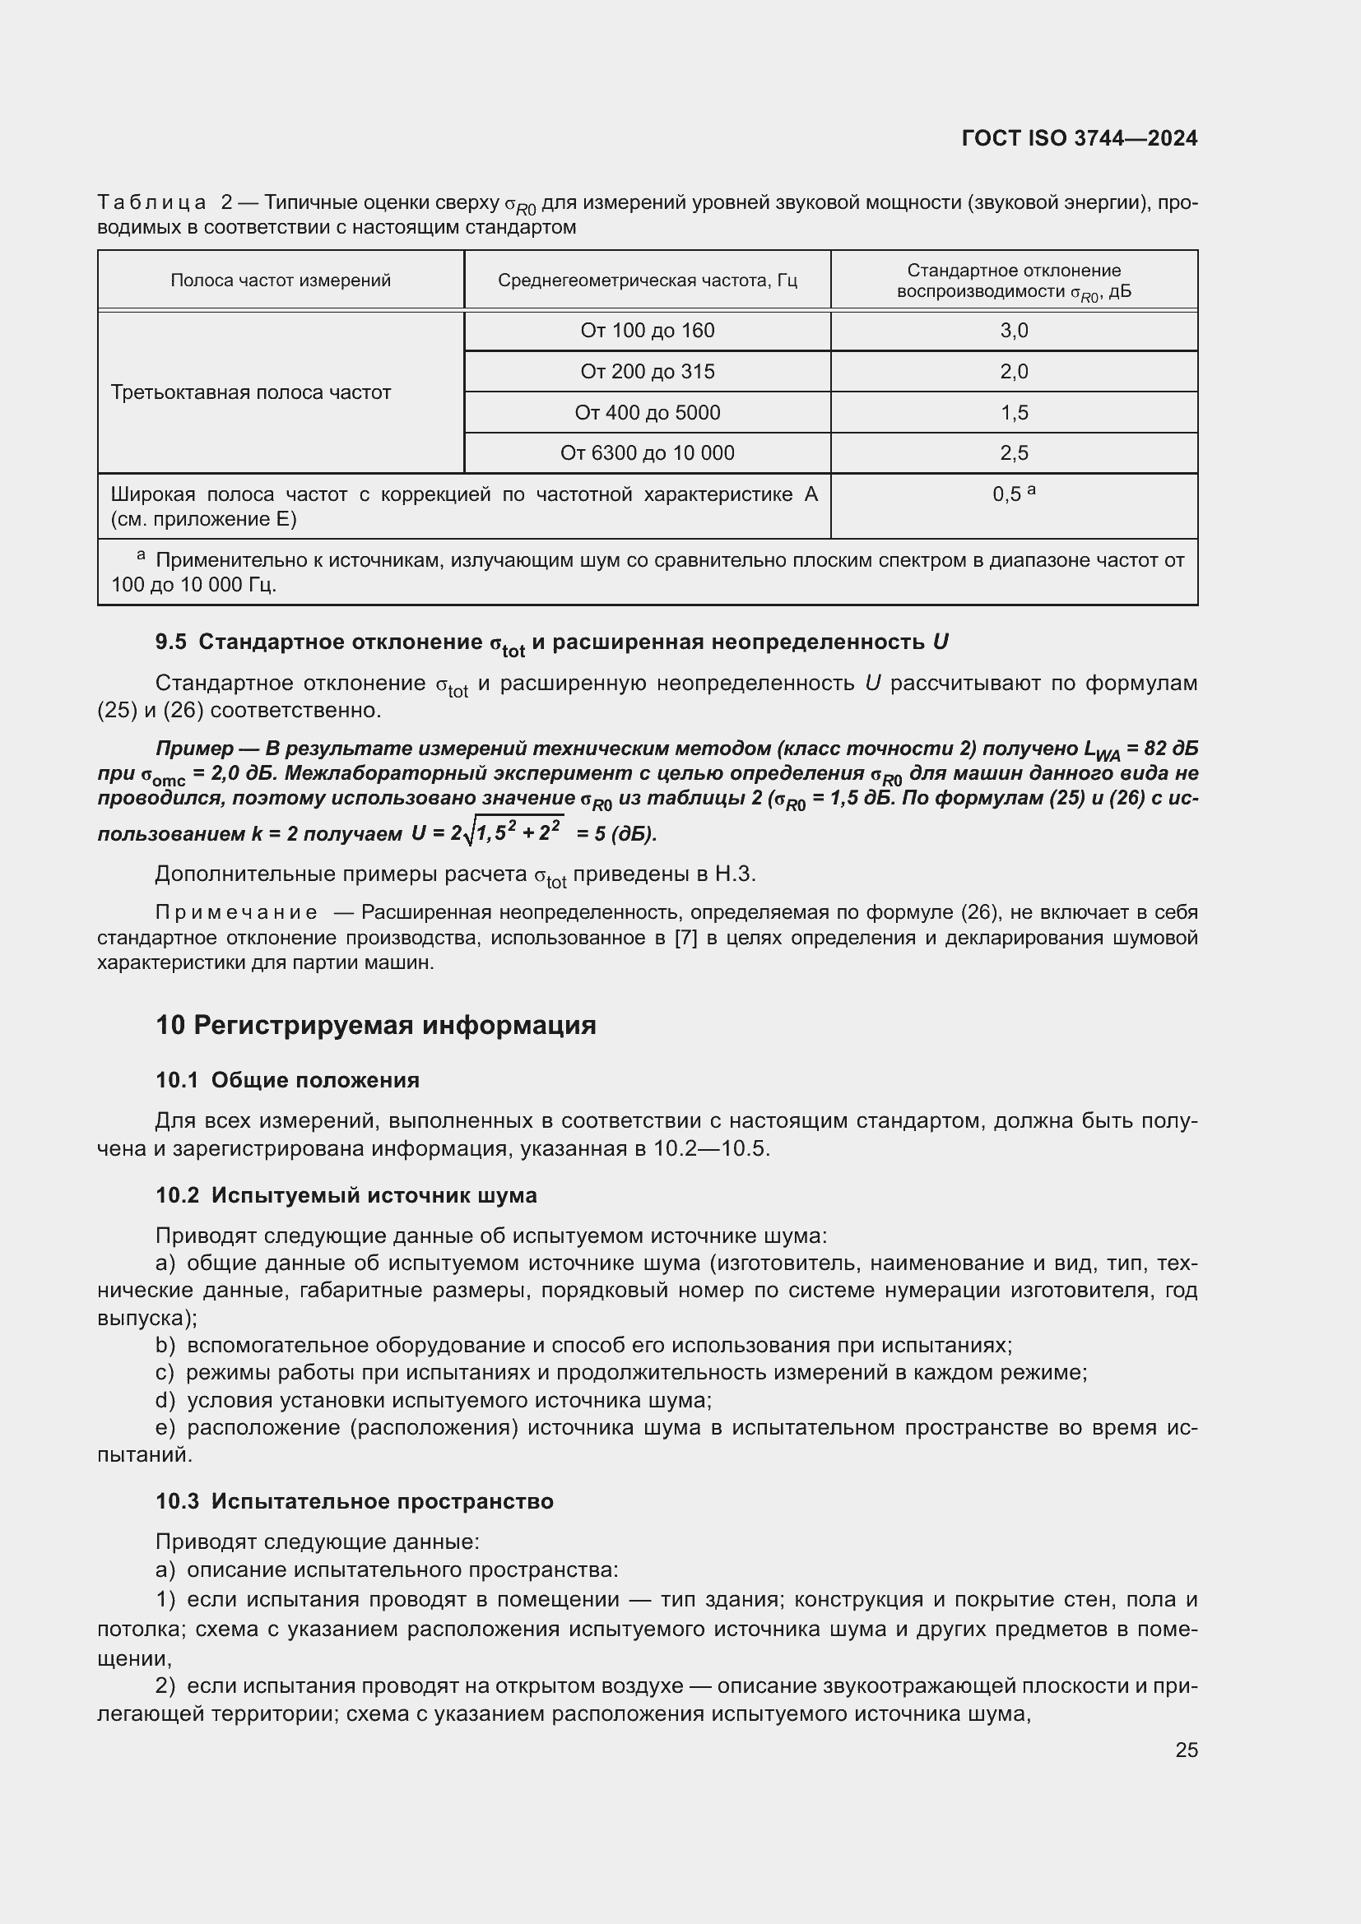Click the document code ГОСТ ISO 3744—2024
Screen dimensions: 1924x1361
pyautogui.click(x=1079, y=138)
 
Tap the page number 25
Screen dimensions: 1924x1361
pyautogui.click(x=1186, y=1750)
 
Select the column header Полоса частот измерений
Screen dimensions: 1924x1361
pyautogui.click(x=281, y=280)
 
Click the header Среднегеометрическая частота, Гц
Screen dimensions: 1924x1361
pyautogui.click(x=647, y=280)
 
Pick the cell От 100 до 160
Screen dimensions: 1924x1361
pyautogui.click(x=647, y=331)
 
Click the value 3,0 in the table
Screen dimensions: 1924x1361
pyautogui.click(x=1013, y=331)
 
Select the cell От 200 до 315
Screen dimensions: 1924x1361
pyautogui.click(x=647, y=372)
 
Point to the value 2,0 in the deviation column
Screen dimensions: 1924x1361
pyautogui.click(x=1013, y=372)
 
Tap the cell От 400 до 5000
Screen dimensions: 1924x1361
pyautogui.click(x=647, y=412)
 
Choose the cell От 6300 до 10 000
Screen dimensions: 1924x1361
pyautogui.click(x=647, y=453)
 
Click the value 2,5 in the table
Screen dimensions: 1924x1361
pyautogui.click(x=1013, y=453)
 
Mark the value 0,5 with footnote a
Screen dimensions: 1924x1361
pyautogui.click(x=1012, y=494)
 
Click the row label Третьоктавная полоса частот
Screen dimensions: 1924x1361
pyautogui.click(x=251, y=393)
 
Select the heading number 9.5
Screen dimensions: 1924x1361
pyautogui.click(x=171, y=642)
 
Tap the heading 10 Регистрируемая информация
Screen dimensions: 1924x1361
pyautogui.click(x=375, y=1025)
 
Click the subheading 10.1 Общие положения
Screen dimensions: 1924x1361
pyautogui.click(x=286, y=1080)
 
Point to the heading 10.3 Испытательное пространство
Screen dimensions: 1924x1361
pyautogui.click(x=354, y=1501)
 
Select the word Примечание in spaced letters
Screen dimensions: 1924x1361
pyautogui.click(x=236, y=912)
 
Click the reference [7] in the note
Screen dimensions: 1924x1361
pyautogui.click(x=685, y=938)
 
